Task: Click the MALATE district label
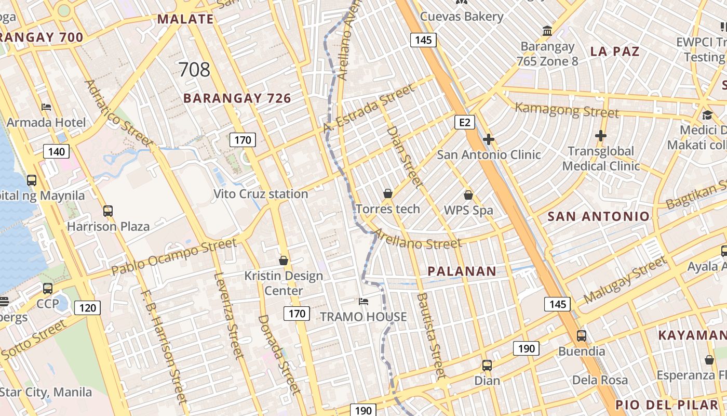[x=185, y=19]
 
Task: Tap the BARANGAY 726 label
[x=237, y=98]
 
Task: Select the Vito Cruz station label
[x=261, y=194]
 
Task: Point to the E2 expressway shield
[x=465, y=122]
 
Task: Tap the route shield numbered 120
[x=87, y=308]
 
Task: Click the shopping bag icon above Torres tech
[x=387, y=194]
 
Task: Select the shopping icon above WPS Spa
[x=468, y=195]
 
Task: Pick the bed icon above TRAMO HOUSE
[x=363, y=301]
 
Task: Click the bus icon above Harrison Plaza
[x=108, y=211]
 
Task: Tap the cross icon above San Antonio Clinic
[x=488, y=139]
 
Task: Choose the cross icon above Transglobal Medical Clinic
[x=601, y=136]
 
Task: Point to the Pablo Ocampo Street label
[x=174, y=257]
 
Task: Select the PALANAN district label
[x=462, y=271]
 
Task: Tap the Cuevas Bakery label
[x=462, y=17]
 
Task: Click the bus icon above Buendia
[x=582, y=336]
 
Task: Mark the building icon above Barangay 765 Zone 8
[x=547, y=31]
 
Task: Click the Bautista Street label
[x=432, y=335]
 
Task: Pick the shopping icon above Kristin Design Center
[x=284, y=260]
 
